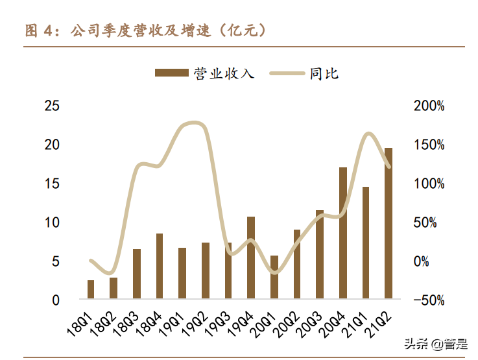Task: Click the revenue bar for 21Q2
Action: coord(388,224)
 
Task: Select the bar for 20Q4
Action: coord(343,234)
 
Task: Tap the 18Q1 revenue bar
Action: coord(91,290)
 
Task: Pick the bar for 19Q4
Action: coord(251,258)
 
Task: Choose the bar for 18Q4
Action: coord(160,267)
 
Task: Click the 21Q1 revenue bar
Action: coord(366,243)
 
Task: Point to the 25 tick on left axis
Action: coord(52,106)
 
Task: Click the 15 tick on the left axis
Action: coord(52,184)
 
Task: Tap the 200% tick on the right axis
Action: coord(429,106)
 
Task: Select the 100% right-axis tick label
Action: coord(429,184)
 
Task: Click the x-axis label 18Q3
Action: coord(128,322)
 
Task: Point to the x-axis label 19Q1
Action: coord(174,322)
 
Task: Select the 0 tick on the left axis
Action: coord(56,300)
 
